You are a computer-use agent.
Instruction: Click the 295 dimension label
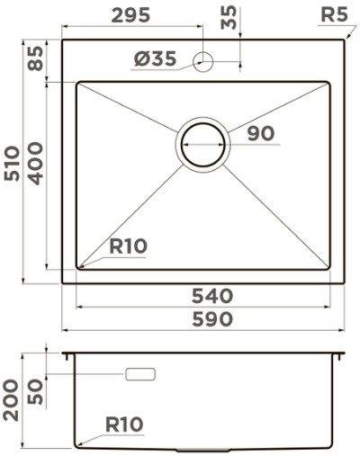130,15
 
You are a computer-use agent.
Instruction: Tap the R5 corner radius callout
334,14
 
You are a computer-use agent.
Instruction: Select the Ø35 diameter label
155,58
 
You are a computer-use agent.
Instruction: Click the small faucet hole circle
202,61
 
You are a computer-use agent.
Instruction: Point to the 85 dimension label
36,58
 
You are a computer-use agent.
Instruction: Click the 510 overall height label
12,164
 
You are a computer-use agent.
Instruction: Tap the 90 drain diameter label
261,133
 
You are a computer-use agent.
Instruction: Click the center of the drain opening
202,144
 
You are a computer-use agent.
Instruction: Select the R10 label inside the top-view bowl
128,246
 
